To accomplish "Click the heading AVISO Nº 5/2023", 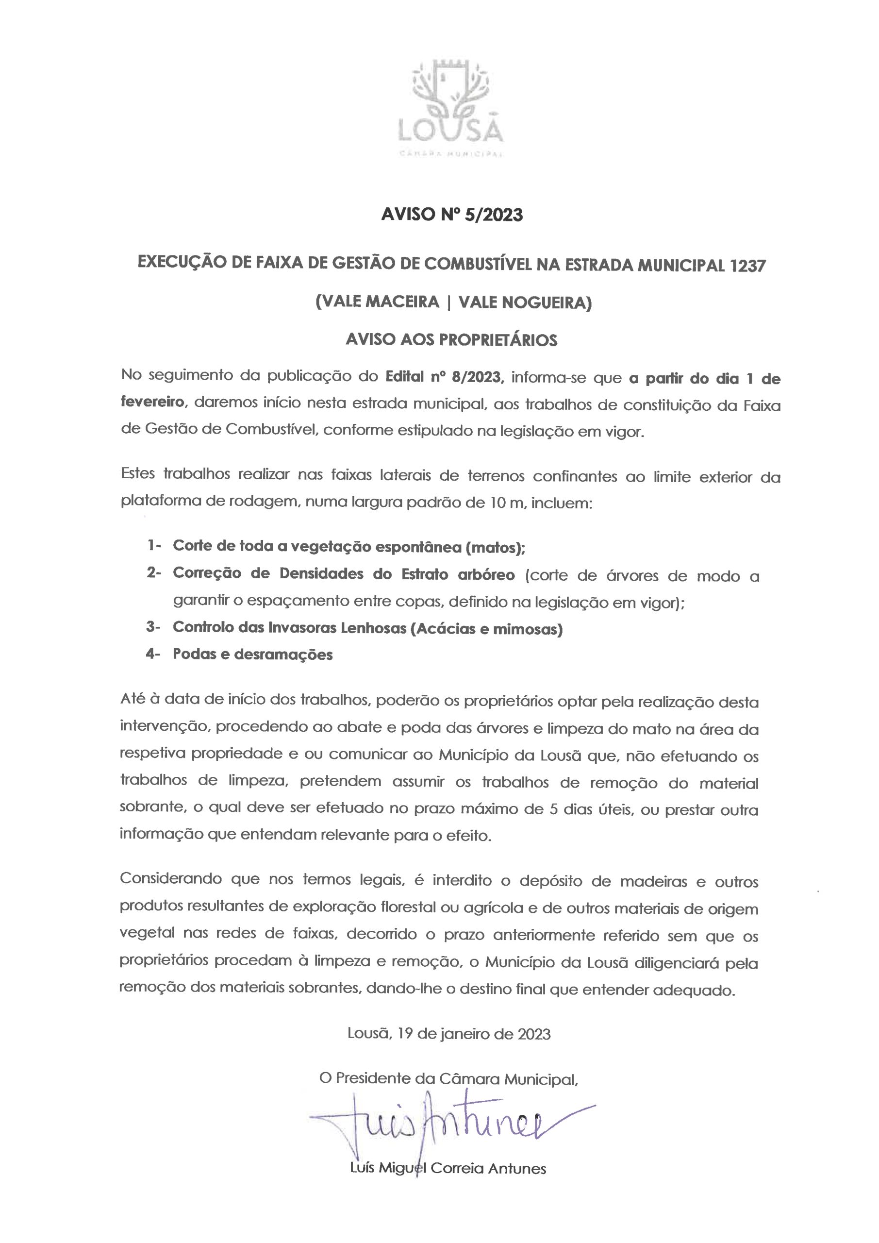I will pyautogui.click(x=452, y=215).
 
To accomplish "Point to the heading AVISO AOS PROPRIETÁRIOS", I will pyautogui.click(x=451, y=339).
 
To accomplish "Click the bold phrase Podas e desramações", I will pyautogui.click(x=253, y=655).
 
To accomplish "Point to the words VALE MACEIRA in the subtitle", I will pyautogui.click(x=377, y=302).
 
